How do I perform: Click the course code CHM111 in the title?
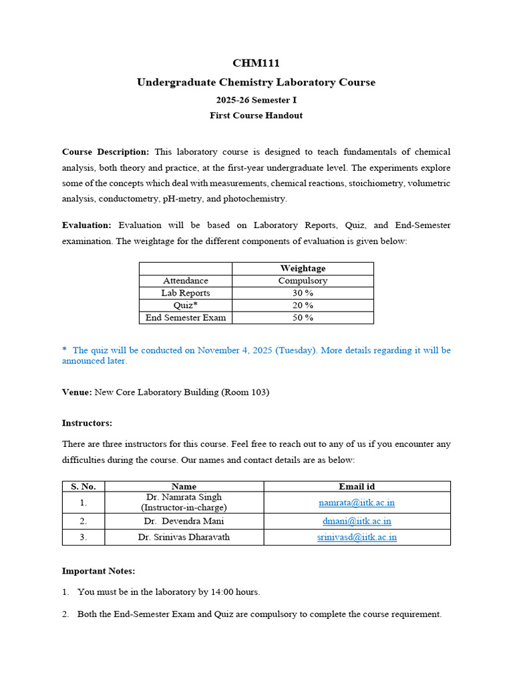pyautogui.click(x=256, y=63)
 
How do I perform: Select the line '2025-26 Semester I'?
pyautogui.click(x=256, y=100)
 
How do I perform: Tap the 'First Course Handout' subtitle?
pyautogui.click(x=256, y=115)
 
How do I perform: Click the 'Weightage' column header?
pyautogui.click(x=303, y=268)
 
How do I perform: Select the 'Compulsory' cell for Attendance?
pyautogui.click(x=303, y=281)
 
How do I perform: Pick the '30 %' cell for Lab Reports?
pyautogui.click(x=303, y=293)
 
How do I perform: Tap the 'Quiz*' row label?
pyautogui.click(x=186, y=305)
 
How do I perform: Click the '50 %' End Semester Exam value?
pyautogui.click(x=303, y=317)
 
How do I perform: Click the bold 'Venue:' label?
pyautogui.click(x=77, y=392)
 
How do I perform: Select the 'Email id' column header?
pyautogui.click(x=357, y=486)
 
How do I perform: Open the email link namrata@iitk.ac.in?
pyautogui.click(x=357, y=502)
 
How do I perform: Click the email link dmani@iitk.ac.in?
pyautogui.click(x=357, y=521)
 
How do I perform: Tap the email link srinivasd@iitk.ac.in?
pyautogui.click(x=357, y=537)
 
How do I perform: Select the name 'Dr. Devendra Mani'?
pyautogui.click(x=184, y=521)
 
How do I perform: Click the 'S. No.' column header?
pyautogui.click(x=83, y=486)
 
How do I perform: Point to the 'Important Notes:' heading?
pyautogui.click(x=98, y=571)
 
